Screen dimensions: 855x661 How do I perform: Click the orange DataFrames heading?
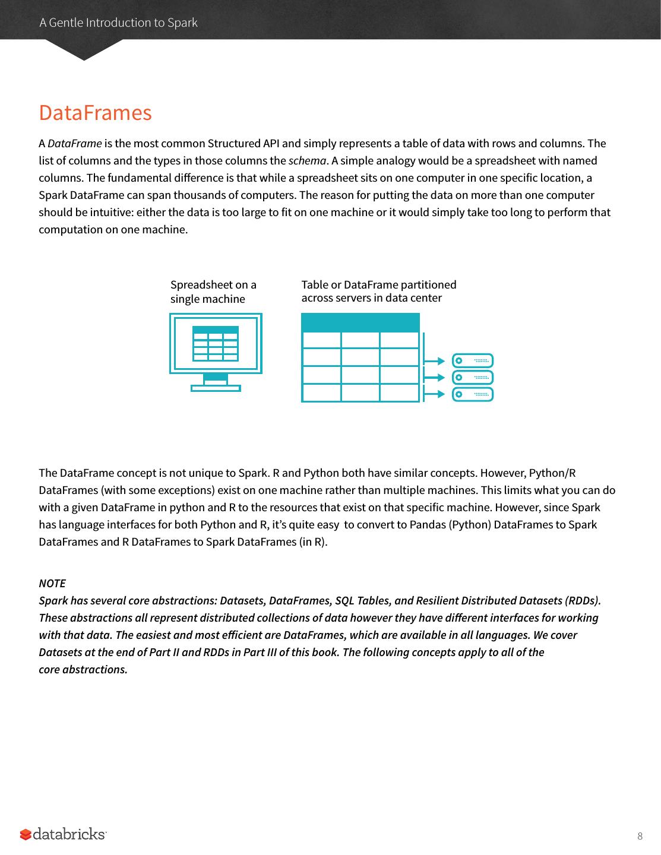coord(95,113)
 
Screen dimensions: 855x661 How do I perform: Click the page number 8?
coord(640,837)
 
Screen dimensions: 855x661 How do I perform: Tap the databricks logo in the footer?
coord(63,834)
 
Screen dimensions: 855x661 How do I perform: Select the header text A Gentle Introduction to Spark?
coord(118,23)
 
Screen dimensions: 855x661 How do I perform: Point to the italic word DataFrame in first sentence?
coord(74,144)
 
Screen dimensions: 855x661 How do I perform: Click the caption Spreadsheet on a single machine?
coord(213,292)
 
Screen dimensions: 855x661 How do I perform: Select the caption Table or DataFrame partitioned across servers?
coord(378,292)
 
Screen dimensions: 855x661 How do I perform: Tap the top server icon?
coord(473,360)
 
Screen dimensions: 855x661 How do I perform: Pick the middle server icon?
coord(473,377)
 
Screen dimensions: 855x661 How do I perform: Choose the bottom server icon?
coord(473,394)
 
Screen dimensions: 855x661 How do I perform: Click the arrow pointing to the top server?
coord(435,360)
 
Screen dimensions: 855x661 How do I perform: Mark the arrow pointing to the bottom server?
coord(435,394)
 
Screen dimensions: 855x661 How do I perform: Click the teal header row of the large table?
coord(360,322)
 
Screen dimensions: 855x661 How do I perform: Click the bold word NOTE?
coord(52,583)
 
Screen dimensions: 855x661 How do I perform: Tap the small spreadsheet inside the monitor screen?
coord(216,343)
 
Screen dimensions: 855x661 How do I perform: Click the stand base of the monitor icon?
coord(216,388)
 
